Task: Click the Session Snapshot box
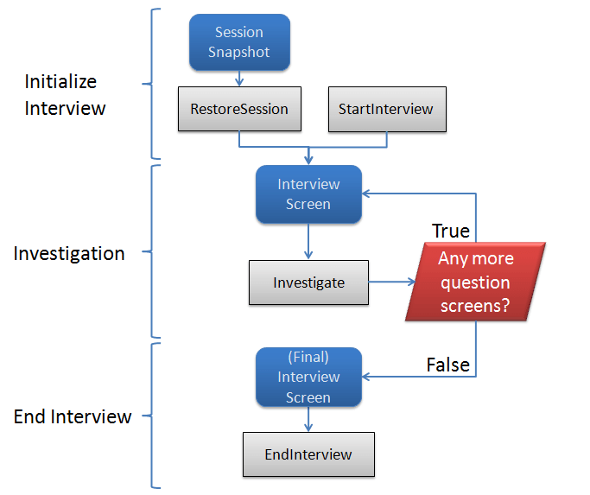pos(239,42)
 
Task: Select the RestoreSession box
pos(239,109)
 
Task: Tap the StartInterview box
pos(387,109)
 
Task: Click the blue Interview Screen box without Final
pos(308,194)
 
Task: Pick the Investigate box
pos(308,282)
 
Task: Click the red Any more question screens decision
pos(475,282)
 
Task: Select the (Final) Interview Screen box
pos(308,377)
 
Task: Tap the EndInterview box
pos(308,454)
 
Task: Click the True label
pos(450,231)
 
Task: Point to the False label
pos(447,365)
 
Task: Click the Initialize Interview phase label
pos(65,95)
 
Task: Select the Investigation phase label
pos(69,254)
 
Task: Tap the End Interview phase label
pos(73,416)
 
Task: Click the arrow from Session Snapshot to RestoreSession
pos(239,79)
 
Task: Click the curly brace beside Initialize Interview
pos(154,84)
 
